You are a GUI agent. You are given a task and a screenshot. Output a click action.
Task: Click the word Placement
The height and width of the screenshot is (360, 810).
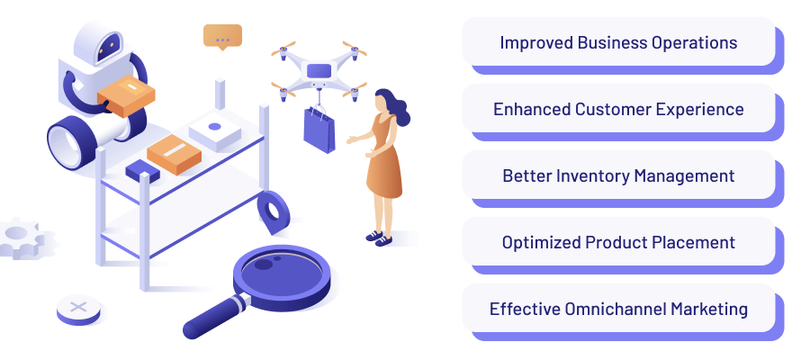pos(693,242)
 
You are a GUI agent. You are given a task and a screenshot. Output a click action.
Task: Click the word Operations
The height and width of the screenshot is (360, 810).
pos(695,42)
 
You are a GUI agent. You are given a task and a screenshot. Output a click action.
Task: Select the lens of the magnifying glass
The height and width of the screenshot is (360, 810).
pos(281,270)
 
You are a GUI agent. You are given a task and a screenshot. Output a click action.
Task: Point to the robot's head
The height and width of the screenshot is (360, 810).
pos(99,42)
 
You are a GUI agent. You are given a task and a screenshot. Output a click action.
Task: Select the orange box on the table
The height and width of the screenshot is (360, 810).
pos(174,154)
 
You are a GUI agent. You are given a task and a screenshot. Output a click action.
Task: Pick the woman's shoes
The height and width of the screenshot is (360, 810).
pos(379,238)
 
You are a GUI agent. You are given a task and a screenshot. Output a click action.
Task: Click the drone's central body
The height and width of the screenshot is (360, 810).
pos(319,70)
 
